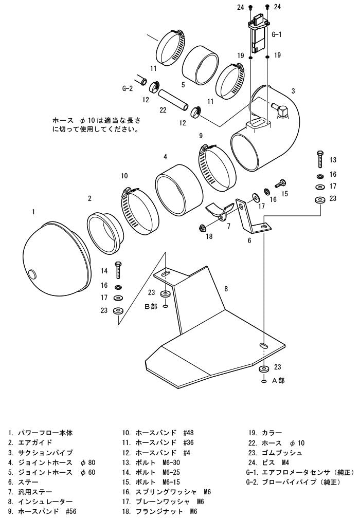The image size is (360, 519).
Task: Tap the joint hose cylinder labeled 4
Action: (x=178, y=190)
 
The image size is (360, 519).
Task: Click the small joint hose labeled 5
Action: (x=201, y=65)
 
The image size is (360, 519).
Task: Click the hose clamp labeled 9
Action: (x=217, y=169)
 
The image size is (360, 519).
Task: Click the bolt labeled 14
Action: (x=118, y=270)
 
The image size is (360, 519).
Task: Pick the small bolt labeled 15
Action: (x=280, y=183)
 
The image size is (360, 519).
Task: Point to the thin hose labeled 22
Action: (x=173, y=100)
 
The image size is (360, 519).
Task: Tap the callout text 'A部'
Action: (x=278, y=381)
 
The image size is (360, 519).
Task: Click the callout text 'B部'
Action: (x=151, y=306)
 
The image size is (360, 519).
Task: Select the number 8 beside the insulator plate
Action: (x=226, y=289)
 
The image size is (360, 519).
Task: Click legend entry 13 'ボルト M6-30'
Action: (x=151, y=462)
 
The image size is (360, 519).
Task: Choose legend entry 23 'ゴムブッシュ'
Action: (x=275, y=453)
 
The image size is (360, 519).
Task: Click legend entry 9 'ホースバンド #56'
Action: (x=42, y=511)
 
